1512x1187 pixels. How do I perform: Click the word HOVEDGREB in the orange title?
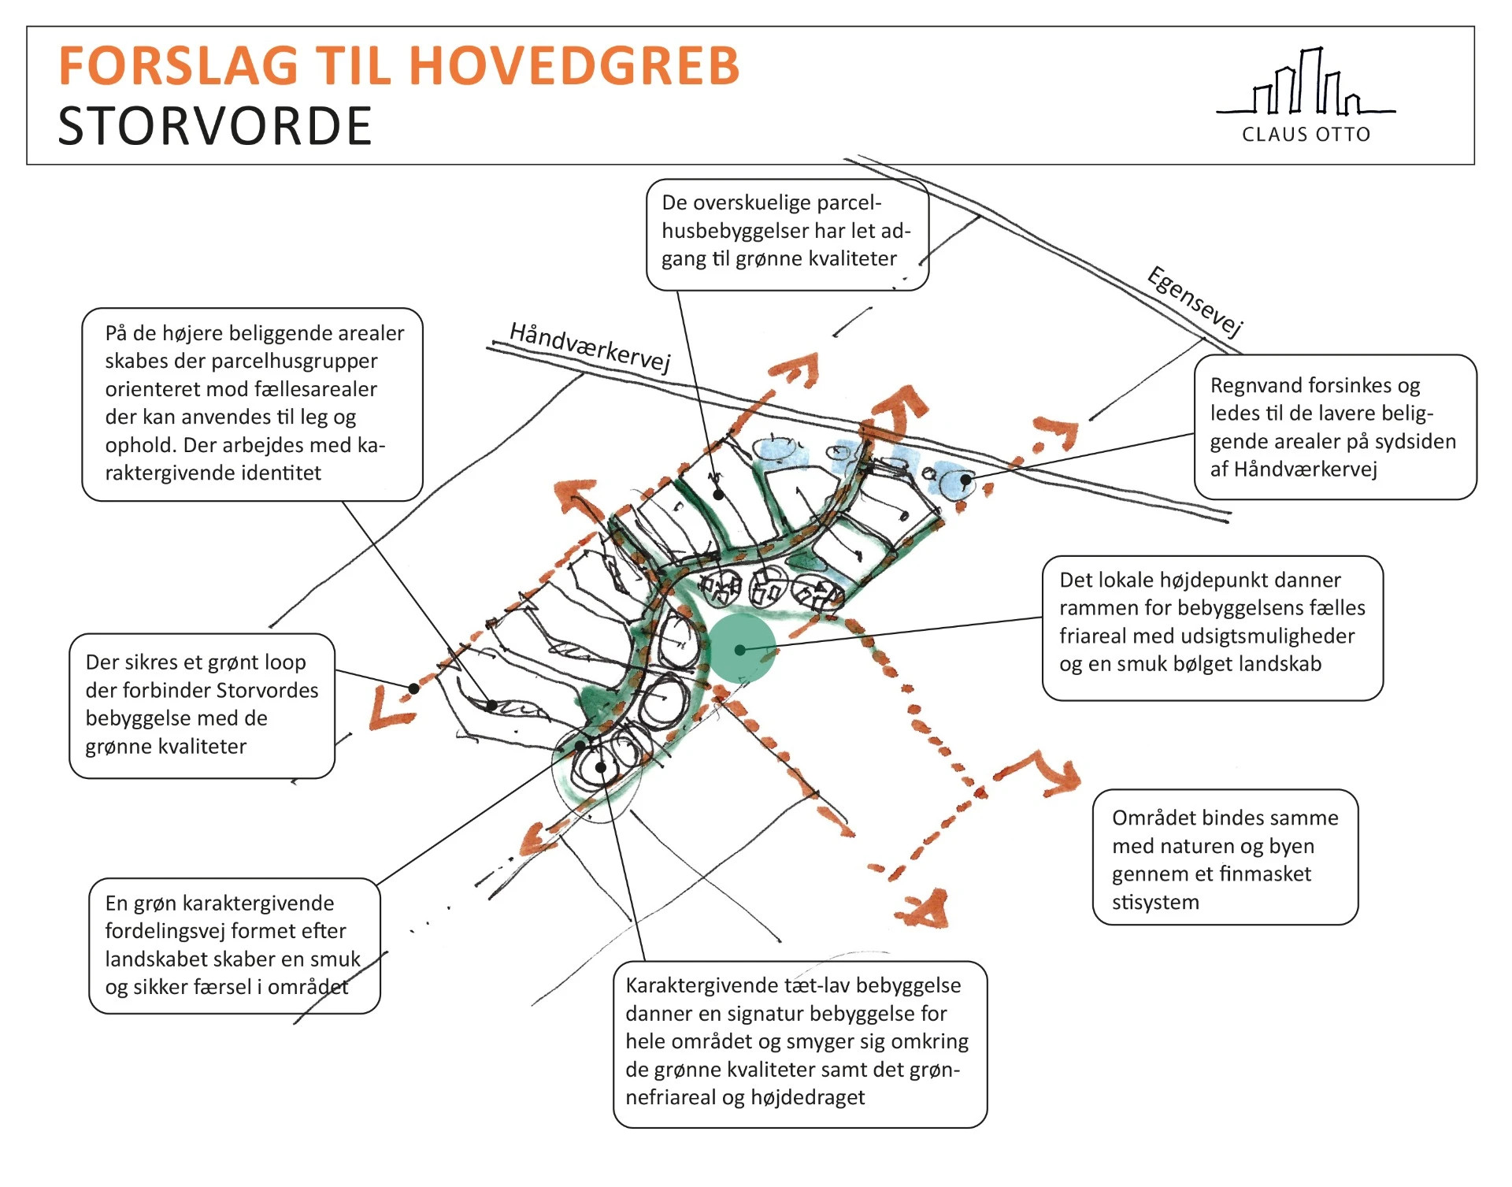(x=574, y=65)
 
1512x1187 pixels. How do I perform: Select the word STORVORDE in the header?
(x=215, y=126)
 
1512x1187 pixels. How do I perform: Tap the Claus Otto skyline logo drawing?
(x=1306, y=83)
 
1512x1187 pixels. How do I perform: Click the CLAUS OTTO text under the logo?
(x=1306, y=135)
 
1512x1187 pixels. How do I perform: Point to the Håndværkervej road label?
(x=590, y=347)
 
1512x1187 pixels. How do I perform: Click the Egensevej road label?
(x=1195, y=302)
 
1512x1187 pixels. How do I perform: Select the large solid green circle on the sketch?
(x=742, y=649)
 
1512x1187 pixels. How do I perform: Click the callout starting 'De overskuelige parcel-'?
(x=787, y=234)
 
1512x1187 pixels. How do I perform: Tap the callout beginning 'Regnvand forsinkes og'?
(x=1334, y=427)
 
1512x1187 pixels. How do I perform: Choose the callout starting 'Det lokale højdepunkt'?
(x=1212, y=627)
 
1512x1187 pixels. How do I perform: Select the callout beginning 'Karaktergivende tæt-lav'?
(x=799, y=1043)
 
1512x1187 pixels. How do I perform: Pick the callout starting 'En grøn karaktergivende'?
(x=234, y=945)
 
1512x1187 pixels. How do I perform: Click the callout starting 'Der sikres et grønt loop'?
(x=202, y=705)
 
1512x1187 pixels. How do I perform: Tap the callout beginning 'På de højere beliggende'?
(x=252, y=403)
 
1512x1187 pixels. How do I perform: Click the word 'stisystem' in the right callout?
(x=1155, y=902)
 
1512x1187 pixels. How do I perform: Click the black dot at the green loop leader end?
(x=413, y=688)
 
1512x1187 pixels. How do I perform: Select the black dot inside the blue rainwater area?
(x=965, y=479)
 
